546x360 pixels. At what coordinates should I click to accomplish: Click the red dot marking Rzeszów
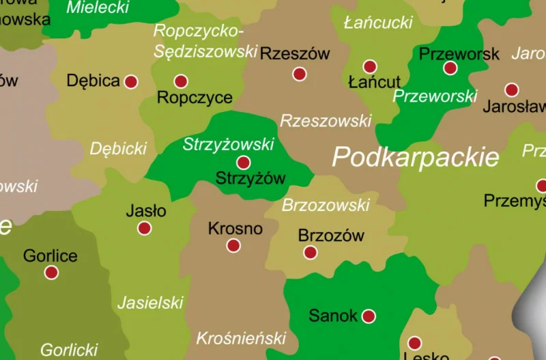pyautogui.click(x=299, y=74)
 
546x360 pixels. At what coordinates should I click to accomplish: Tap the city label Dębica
pyautogui.click(x=94, y=81)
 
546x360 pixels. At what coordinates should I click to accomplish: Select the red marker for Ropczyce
pyautogui.click(x=181, y=81)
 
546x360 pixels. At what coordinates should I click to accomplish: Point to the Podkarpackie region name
pyautogui.click(x=416, y=157)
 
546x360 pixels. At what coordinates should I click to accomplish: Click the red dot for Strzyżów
pyautogui.click(x=243, y=163)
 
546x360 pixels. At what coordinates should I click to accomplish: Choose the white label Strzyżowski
pyautogui.click(x=229, y=144)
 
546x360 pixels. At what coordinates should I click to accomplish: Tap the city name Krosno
pyautogui.click(x=235, y=228)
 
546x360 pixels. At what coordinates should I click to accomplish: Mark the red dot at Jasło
pyautogui.click(x=144, y=228)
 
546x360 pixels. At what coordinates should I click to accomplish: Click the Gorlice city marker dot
pyautogui.click(x=51, y=273)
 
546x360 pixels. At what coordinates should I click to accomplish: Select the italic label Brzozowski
pyautogui.click(x=326, y=205)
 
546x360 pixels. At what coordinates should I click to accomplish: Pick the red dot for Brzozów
pyautogui.click(x=310, y=253)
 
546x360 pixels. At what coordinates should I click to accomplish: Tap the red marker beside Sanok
pyautogui.click(x=369, y=316)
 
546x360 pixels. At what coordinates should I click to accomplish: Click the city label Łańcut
pyautogui.click(x=374, y=83)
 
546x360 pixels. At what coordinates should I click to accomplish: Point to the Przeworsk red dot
pyautogui.click(x=450, y=68)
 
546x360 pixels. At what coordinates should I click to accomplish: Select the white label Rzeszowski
pyautogui.click(x=326, y=121)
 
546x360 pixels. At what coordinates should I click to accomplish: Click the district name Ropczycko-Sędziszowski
pyautogui.click(x=205, y=41)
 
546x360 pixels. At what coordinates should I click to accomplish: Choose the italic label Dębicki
pyautogui.click(x=119, y=148)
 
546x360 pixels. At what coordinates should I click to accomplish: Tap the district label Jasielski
pyautogui.click(x=151, y=303)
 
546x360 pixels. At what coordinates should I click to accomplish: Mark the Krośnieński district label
pyautogui.click(x=241, y=337)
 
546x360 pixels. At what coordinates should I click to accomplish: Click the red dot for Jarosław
pyautogui.click(x=512, y=89)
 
